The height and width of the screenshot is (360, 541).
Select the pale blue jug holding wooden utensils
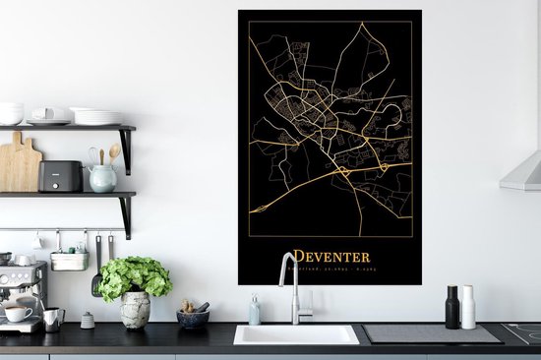pyautogui.click(x=101, y=177)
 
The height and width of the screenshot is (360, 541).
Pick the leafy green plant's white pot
pyautogui.click(x=135, y=310)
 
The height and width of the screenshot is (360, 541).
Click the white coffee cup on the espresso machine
pyautogui.click(x=18, y=312)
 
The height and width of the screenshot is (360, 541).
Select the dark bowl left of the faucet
pyautogui.click(x=193, y=318)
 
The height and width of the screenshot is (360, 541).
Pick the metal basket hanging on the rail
pyautogui.click(x=70, y=260)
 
